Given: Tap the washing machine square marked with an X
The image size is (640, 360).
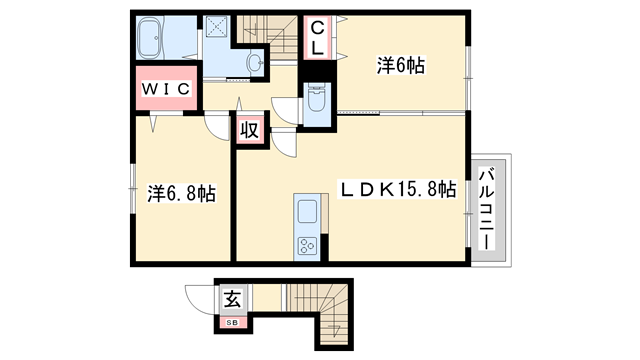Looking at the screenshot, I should click(216, 28).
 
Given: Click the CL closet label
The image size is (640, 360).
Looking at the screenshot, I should click(315, 38).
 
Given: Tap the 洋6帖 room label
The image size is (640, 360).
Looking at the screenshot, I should click(400, 66).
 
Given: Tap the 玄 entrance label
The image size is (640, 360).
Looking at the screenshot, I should click(232, 298).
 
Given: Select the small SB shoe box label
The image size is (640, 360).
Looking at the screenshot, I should click(231, 322).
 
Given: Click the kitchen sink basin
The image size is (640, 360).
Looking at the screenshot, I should click(306, 212).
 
